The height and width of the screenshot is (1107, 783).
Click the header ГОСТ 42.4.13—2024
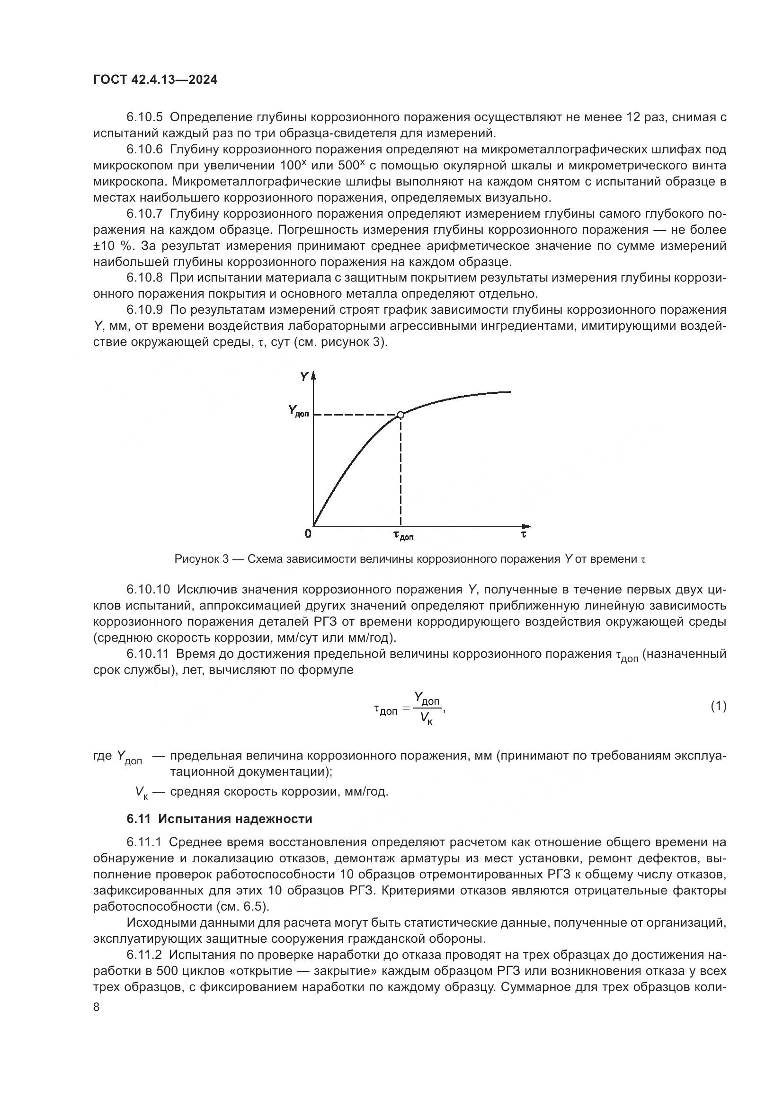pos(155,80)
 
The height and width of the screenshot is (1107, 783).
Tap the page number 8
pos(97,1008)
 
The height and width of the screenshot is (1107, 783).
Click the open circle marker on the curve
pos(400,415)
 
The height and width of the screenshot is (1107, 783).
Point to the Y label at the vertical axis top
pos(304,377)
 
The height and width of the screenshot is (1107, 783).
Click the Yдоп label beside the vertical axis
pos(298,411)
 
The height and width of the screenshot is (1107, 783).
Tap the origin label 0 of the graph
pos(308,534)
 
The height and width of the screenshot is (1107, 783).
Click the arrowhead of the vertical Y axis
pos(313,376)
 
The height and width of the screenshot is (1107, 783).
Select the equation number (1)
pos(719,706)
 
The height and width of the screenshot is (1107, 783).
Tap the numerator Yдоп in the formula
pos(427,698)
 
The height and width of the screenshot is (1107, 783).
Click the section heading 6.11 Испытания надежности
pos(219,819)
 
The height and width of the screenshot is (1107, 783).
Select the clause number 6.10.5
pos(145,117)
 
